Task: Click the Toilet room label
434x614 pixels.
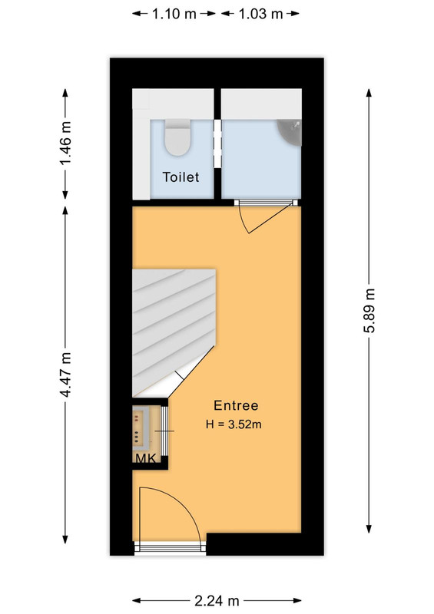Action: tap(181, 177)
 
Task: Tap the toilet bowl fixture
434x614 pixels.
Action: tap(177, 137)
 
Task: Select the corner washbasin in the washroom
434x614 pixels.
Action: tap(291, 131)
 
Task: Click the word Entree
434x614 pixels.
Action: tap(236, 405)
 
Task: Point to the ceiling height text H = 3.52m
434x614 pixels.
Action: tap(234, 424)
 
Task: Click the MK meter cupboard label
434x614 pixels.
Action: tap(146, 458)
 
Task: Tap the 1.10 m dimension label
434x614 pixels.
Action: tap(174, 14)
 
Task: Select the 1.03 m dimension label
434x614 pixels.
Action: tap(260, 14)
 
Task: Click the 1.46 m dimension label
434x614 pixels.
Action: tap(66, 144)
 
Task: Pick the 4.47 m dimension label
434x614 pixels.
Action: tap(66, 375)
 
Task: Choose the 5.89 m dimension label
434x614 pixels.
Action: tap(369, 310)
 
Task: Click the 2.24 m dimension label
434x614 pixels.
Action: tap(217, 600)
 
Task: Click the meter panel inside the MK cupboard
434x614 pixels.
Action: tap(140, 428)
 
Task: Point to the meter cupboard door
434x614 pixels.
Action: tap(164, 431)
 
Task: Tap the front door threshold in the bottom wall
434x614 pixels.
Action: tap(171, 548)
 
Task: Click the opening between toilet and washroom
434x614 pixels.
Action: tap(217, 144)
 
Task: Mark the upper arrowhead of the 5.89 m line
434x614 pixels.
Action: tap(369, 92)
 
